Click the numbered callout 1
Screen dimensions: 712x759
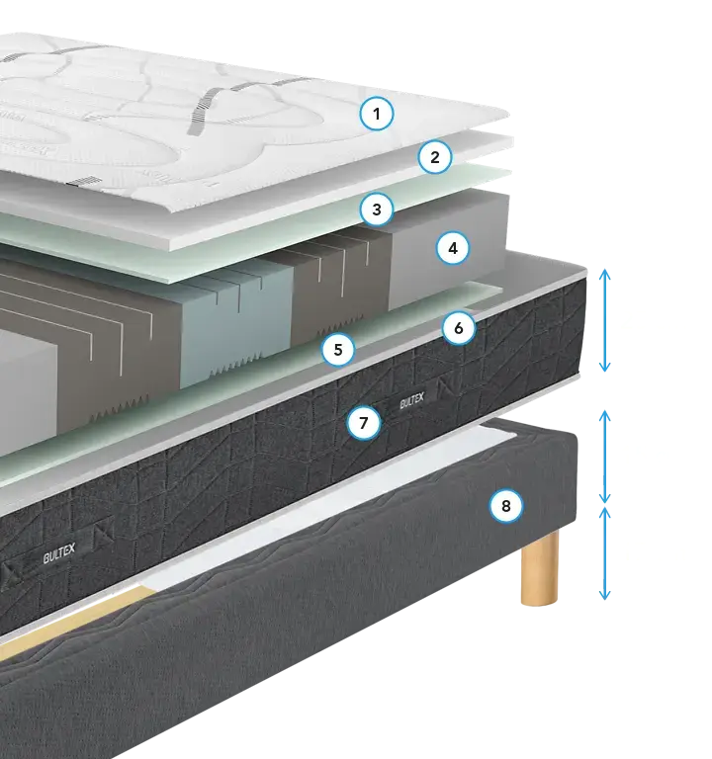coord(377,114)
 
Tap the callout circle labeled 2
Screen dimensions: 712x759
coord(435,157)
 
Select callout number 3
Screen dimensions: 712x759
coord(377,210)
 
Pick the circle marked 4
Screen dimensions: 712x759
coord(453,248)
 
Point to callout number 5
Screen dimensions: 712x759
coord(338,350)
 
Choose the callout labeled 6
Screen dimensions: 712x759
coord(459,328)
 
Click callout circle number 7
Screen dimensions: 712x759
coord(364,423)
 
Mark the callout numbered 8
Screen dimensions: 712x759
coord(506,506)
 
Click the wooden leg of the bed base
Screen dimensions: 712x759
coord(540,567)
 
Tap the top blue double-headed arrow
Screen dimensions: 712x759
coord(604,320)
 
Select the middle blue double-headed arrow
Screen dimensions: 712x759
coord(604,457)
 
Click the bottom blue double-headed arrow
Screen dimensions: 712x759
coord(604,553)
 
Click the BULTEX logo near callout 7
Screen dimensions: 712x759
coord(412,401)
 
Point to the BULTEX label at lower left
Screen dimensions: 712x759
coord(59,552)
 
